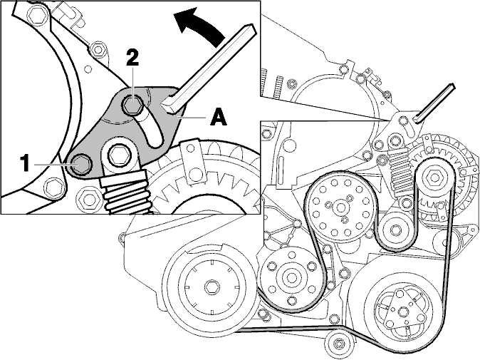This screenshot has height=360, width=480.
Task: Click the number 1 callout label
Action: pos(26,163)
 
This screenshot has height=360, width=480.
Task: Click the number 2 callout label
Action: pos(132,58)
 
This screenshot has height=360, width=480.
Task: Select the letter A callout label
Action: pos(219,118)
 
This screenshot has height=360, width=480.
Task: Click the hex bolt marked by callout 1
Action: pos(80,165)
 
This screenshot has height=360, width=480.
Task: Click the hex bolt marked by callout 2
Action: pos(132,105)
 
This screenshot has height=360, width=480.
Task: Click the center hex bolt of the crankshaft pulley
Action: pos(212,287)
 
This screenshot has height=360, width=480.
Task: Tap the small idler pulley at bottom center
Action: pos(338,343)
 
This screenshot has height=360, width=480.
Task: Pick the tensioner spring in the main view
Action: pos(400,170)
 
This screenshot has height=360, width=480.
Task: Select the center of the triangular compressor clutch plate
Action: pos(402,312)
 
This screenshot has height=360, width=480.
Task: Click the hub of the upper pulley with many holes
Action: pos(340,208)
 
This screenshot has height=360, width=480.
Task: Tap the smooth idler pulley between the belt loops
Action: pos(395,229)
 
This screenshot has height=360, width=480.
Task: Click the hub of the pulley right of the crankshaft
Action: pos(290,277)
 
